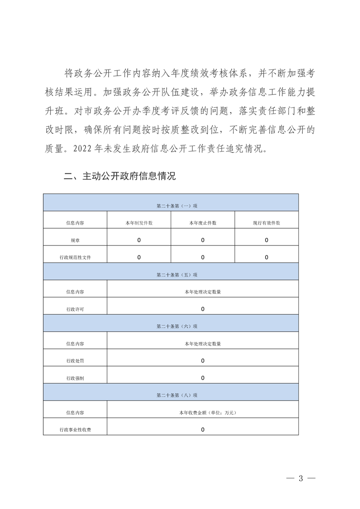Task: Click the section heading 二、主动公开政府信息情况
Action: pos(120,176)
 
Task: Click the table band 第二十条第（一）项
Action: pos(177,206)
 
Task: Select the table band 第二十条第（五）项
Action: pos(177,274)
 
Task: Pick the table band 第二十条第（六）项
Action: pos(177,326)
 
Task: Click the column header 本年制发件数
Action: pos(139,223)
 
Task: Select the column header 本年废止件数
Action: pos(203,223)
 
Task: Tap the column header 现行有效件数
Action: pos(266,223)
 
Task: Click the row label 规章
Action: pos(75,240)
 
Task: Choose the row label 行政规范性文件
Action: pos(75,257)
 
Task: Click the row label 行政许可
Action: pos(75,309)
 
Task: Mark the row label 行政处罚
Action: pos(75,361)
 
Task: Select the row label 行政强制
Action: pos(75,378)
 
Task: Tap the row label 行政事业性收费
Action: pos(75,430)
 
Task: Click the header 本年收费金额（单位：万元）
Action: pos(202,412)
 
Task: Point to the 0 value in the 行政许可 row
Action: pos(203,309)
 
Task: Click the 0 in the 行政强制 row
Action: pos(203,378)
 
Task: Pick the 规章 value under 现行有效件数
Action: pos(266,240)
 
